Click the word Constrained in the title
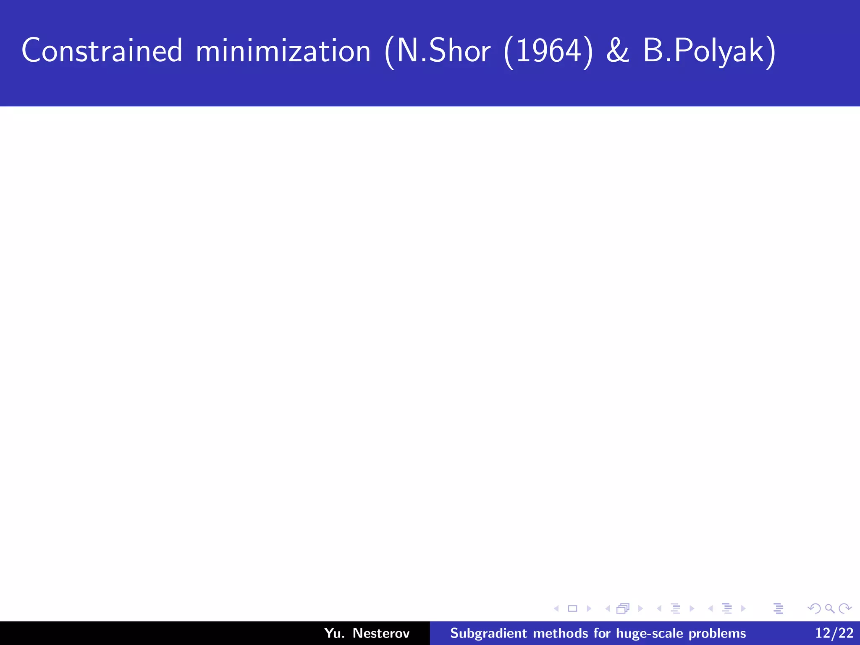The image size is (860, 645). coord(102,51)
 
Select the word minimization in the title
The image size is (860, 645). coord(283,51)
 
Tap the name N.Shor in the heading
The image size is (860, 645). coord(443,51)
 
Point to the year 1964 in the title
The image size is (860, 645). coord(548,51)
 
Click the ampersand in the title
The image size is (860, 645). coord(618,51)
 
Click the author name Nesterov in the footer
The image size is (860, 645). coord(381,633)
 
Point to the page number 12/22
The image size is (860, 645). coord(834,633)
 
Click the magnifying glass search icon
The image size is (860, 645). coord(829,608)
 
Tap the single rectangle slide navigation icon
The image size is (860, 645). coord(572,608)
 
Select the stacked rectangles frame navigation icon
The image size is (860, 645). coord(623,608)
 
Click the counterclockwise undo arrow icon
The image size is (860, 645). coord(814,608)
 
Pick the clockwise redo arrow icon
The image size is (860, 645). coord(845,608)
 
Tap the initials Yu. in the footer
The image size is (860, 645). coord(334,633)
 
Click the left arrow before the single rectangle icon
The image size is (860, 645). coord(556,608)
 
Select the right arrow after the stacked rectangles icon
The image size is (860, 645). coord(640,608)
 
